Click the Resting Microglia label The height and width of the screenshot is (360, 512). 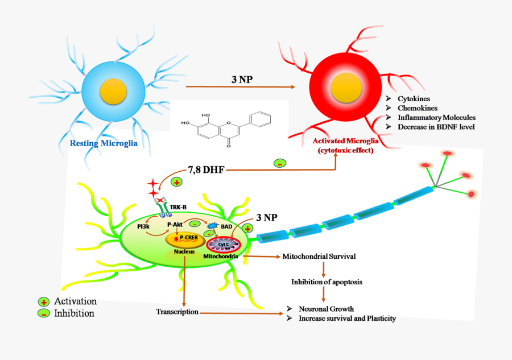coord(103,143)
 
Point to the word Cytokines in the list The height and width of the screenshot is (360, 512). coord(413,99)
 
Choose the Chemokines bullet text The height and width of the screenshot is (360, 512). coord(416,108)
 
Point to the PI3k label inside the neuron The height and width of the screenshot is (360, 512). coord(143,226)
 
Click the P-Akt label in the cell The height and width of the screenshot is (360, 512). coord(176,225)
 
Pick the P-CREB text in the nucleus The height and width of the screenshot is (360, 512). coord(189,238)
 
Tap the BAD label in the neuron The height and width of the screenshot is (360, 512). coord(226,226)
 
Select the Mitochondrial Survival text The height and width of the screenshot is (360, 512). coord(319,256)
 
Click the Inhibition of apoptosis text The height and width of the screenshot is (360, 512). coord(323,282)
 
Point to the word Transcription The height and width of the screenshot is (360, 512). coord(177,312)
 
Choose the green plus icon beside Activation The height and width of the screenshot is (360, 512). coord(43,301)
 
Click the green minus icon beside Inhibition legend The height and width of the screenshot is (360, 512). coord(43,313)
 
